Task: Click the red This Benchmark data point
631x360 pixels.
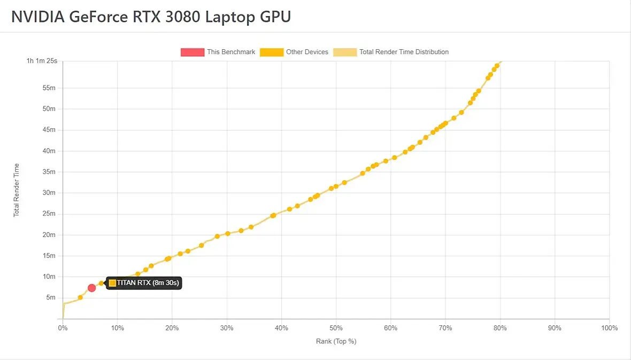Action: (x=91, y=288)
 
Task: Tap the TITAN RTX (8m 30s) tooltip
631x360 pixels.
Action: (x=144, y=283)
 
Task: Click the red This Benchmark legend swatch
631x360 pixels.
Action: (x=193, y=52)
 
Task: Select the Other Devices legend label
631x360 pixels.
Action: (x=307, y=52)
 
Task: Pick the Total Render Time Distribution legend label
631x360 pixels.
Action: (x=404, y=52)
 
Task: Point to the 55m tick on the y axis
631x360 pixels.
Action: (x=49, y=88)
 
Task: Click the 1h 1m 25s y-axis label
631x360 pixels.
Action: (x=42, y=61)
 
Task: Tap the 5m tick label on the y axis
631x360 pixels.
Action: (x=50, y=297)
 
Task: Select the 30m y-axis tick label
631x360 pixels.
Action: (x=49, y=193)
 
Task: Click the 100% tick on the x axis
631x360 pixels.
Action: (x=609, y=328)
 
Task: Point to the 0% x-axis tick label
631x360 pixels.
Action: (x=63, y=328)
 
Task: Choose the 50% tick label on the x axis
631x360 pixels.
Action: (x=336, y=328)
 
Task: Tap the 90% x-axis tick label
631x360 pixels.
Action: (x=555, y=328)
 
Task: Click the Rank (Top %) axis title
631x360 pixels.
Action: (x=336, y=341)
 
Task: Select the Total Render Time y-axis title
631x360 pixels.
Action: (x=16, y=190)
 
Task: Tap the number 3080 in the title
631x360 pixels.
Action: (x=181, y=17)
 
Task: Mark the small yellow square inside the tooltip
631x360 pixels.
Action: (x=112, y=283)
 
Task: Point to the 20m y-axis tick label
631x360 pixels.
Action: (x=49, y=235)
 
